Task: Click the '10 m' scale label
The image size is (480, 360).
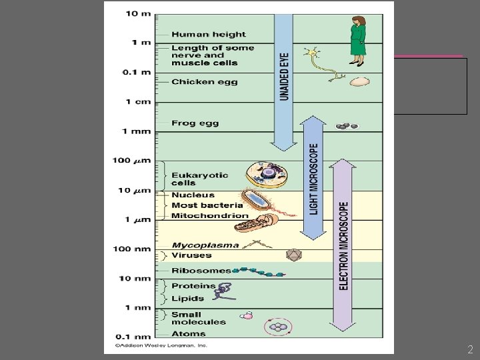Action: [138, 14]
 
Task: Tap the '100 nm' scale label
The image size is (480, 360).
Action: [133, 249]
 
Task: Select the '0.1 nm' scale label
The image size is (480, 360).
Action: [133, 337]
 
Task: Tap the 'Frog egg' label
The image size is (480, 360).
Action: [195, 123]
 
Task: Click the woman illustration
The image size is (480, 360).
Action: [357, 37]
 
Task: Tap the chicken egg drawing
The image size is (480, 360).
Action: [360, 82]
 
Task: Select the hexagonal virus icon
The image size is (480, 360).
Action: [291, 255]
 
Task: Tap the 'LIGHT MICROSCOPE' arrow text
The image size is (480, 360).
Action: [313, 179]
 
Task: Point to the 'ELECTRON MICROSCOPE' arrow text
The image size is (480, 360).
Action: [343, 245]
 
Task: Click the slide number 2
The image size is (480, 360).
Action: [470, 349]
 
